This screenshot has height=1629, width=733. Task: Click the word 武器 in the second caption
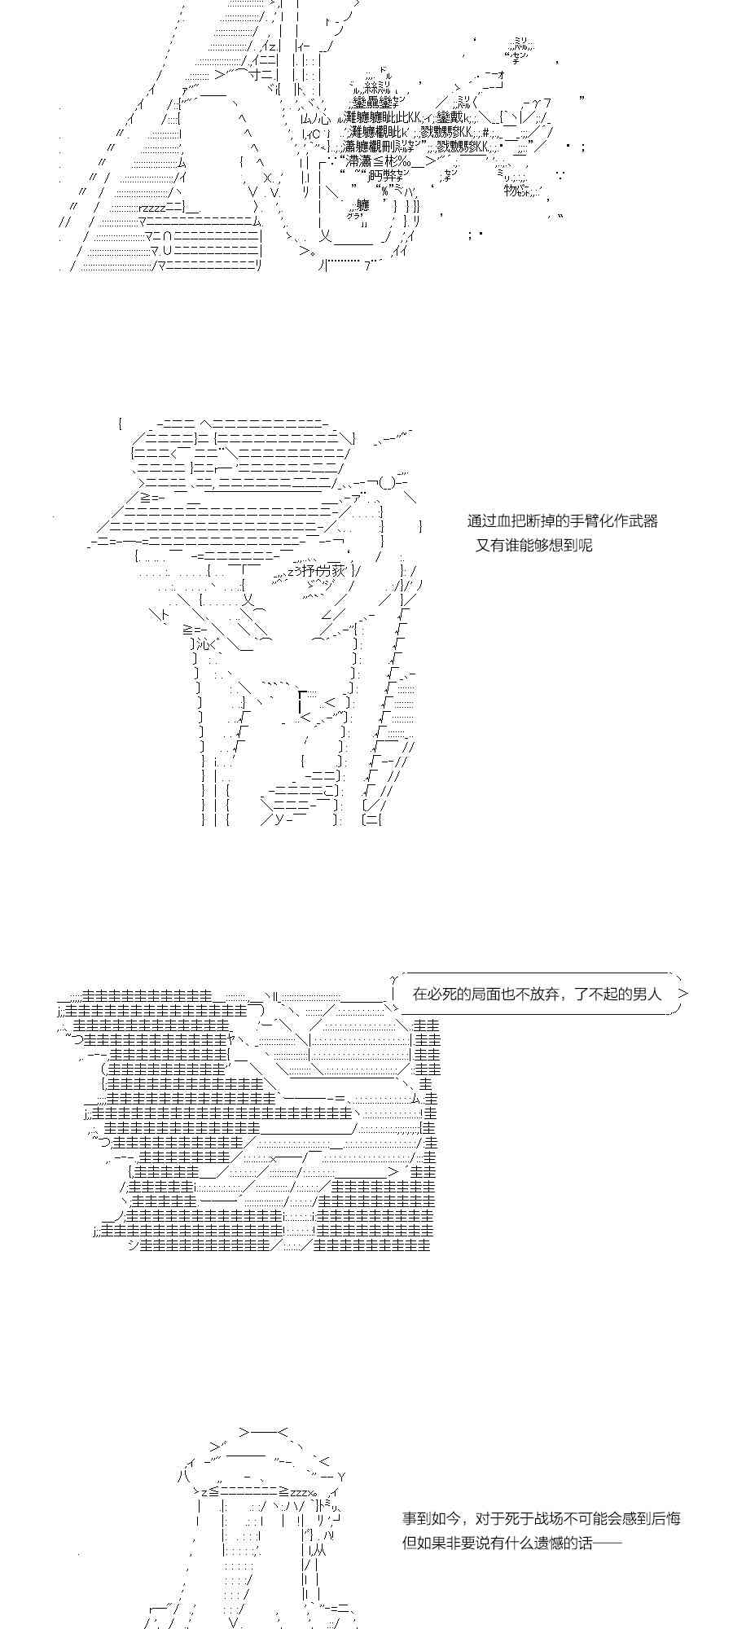641,520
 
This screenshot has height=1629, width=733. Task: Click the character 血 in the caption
507,520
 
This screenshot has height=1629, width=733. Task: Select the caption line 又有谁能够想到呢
533,545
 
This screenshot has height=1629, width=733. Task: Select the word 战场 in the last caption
538,1518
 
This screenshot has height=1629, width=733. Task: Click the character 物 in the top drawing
511,190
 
